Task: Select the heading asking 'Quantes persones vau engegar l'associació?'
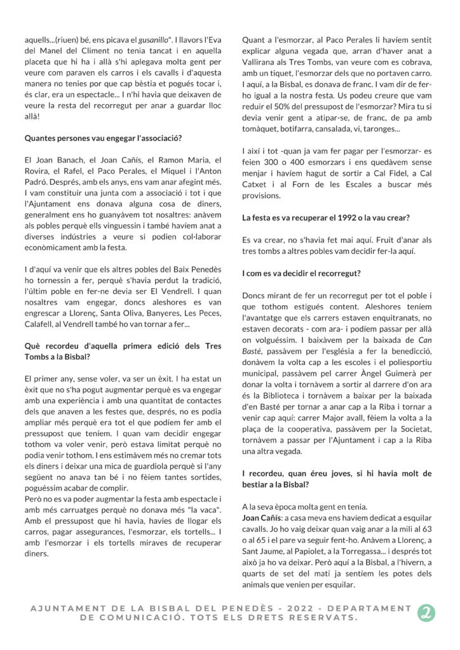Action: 103,138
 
